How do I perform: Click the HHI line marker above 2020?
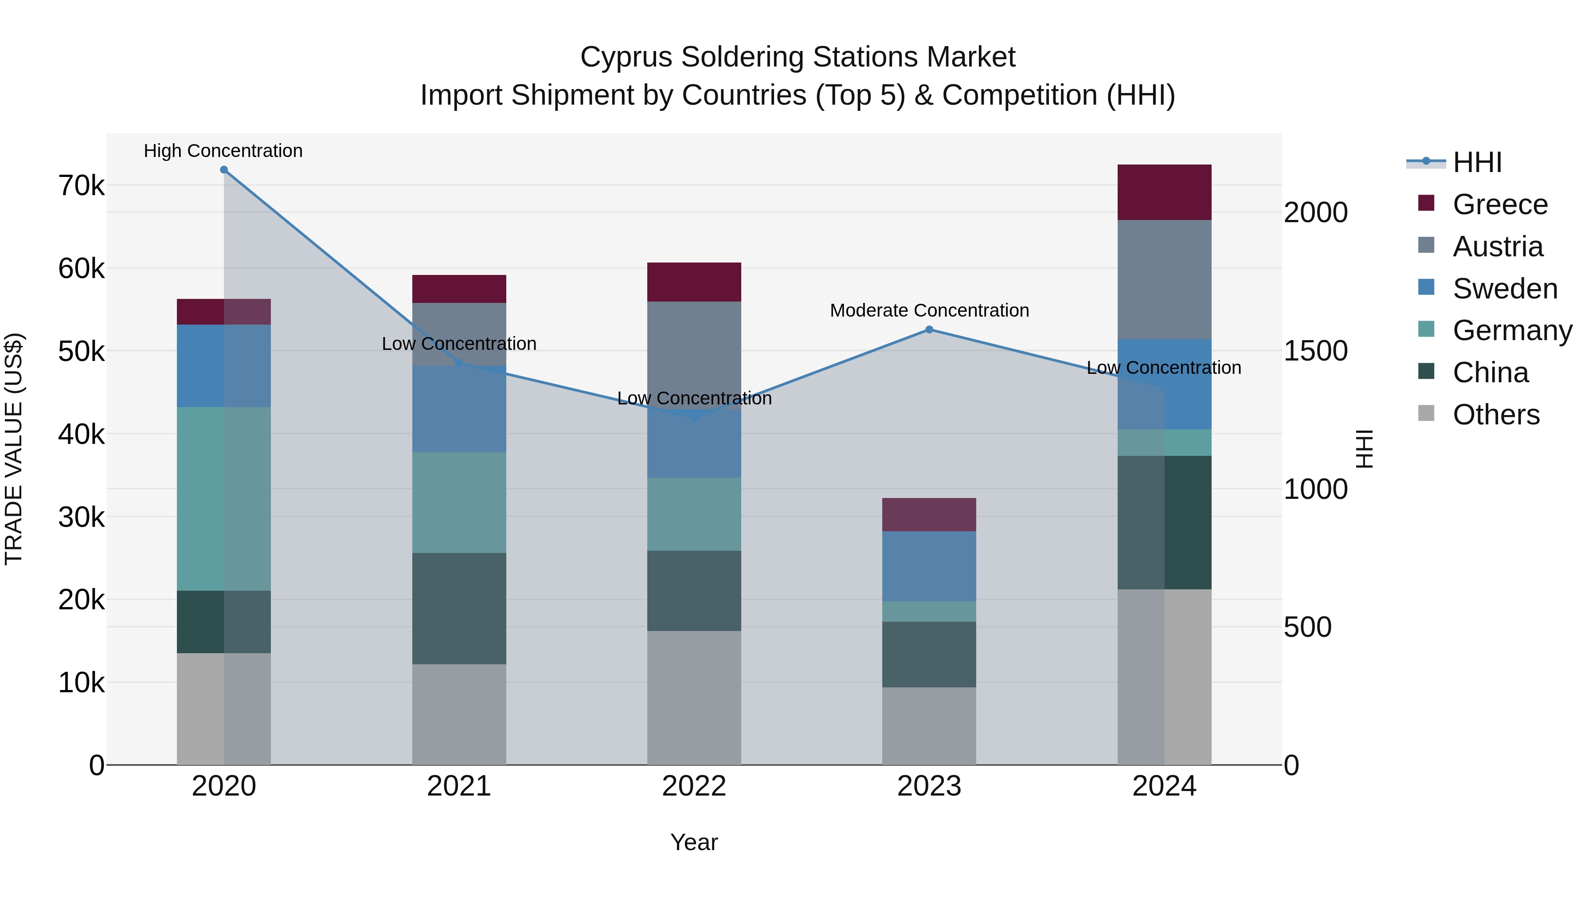pos(224,170)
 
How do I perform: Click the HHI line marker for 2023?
pos(929,329)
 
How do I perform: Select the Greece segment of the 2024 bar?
pos(1164,192)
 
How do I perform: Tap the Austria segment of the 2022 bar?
pos(694,353)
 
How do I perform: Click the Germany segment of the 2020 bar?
pos(224,499)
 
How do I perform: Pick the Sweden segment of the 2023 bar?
pos(929,566)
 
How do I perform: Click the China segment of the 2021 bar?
pos(459,608)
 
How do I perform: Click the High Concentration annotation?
pos(223,151)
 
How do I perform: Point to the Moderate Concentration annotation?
pos(929,310)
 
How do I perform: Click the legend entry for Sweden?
pos(1504,289)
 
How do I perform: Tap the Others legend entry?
pos(1496,415)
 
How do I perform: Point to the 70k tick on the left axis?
pos(81,185)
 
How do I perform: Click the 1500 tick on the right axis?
pos(1315,351)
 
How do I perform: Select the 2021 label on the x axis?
pos(459,786)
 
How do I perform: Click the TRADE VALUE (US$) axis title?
pos(14,449)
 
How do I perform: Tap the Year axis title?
pos(694,842)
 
